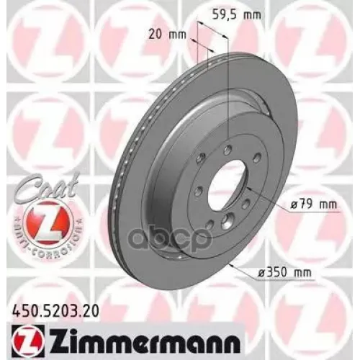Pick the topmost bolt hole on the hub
(227, 149)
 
